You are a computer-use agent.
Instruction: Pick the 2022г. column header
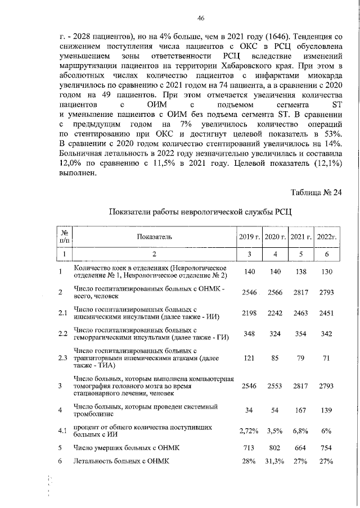[326, 237]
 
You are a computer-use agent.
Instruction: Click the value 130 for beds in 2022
[326, 271]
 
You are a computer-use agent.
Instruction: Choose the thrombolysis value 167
[300, 411]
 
